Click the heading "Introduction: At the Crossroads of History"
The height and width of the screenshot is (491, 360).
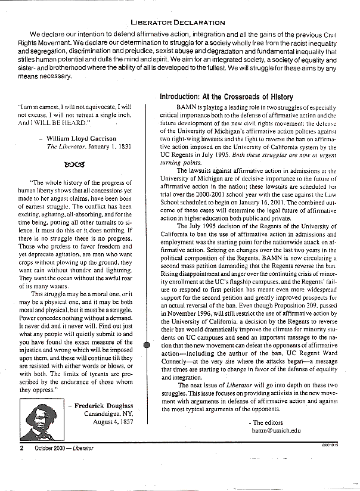coord(226,97)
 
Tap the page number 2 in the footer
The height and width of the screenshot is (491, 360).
coord(22,448)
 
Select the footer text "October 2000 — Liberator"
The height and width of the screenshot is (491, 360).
coord(64,448)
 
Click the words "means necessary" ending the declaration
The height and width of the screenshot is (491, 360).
coord(50,76)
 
